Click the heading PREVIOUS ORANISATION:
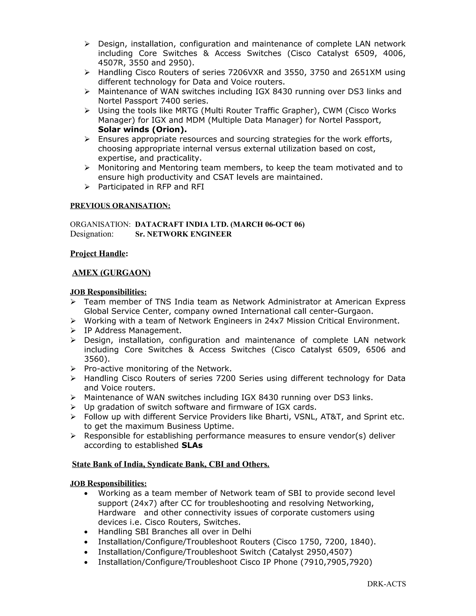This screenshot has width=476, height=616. coord(120,206)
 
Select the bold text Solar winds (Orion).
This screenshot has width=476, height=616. coord(142,129)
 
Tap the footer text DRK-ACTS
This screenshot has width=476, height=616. coord(386,584)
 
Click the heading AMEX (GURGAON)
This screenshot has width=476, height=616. coord(111,273)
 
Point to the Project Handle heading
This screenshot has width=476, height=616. coord(98,254)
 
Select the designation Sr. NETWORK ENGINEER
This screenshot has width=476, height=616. coord(183,234)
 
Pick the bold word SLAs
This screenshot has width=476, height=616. coord(192,445)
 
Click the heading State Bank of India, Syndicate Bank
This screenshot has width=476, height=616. coord(171,464)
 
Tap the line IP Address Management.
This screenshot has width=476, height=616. coord(132,330)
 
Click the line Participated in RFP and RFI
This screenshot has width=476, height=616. coord(151,187)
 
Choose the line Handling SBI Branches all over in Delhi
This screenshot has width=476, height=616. coord(174,532)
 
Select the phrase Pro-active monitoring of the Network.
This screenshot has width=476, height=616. coord(158,369)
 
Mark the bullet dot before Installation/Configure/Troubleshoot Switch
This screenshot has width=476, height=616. coord(86,552)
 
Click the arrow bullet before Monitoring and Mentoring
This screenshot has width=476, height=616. coord(87,168)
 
